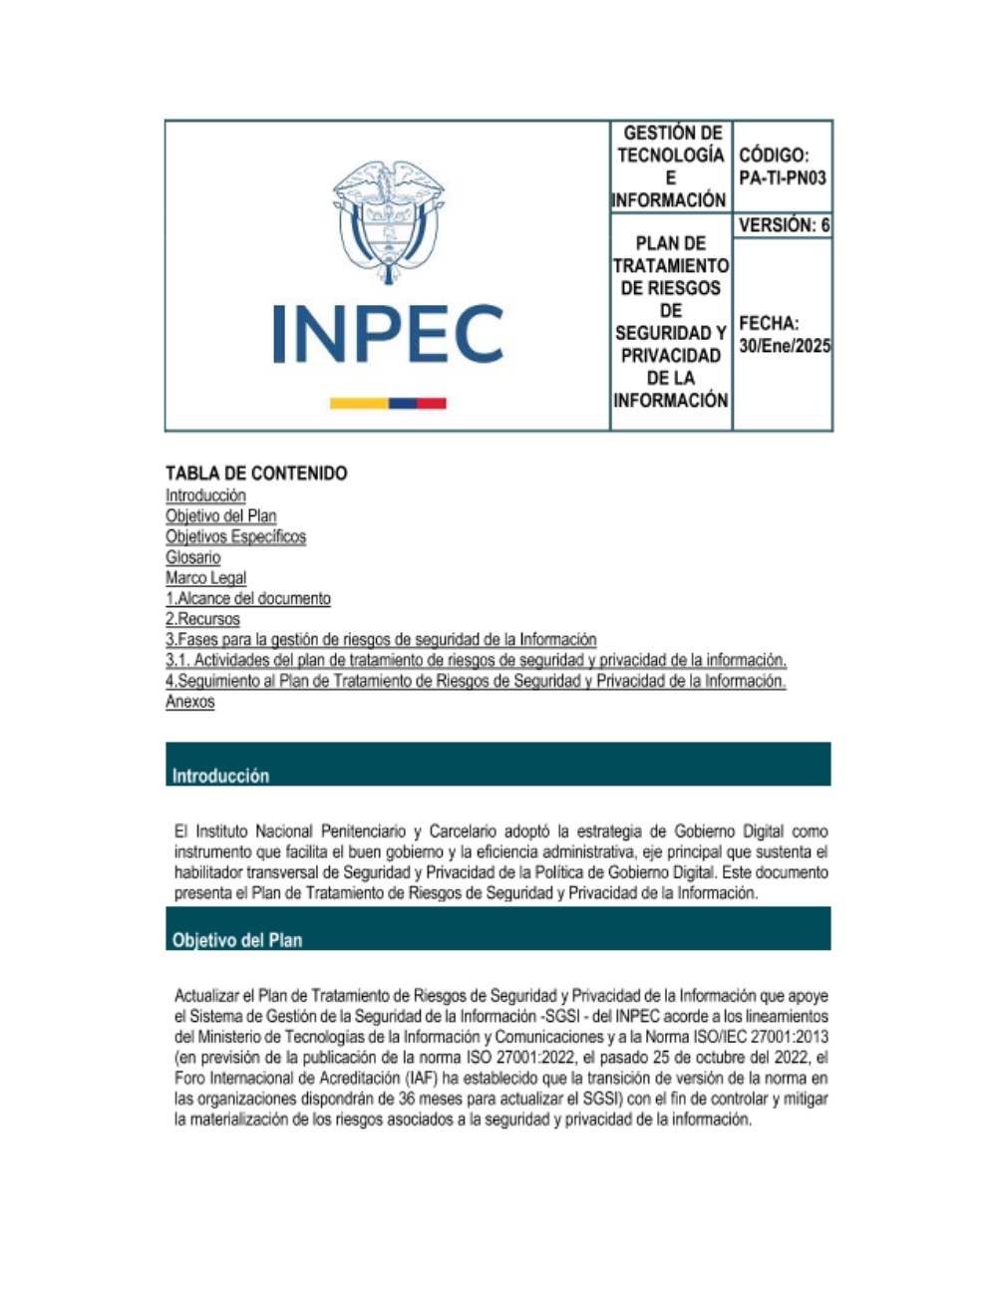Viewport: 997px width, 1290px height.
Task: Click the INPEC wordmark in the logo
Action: (388, 334)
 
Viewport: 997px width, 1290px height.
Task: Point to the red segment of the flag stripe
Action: (431, 403)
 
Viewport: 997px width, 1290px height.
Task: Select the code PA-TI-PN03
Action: (783, 178)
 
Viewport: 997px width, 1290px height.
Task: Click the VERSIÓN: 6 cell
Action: (784, 225)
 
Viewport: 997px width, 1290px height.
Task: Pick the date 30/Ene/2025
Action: (785, 346)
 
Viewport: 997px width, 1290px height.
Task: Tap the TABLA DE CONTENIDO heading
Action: (256, 474)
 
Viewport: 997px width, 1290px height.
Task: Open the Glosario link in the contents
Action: (193, 557)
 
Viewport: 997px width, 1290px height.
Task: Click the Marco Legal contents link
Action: (206, 578)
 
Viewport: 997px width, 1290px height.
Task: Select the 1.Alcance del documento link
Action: (248, 599)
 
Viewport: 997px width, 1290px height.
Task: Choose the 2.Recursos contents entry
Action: (202, 619)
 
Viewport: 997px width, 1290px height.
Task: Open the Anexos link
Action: (189, 702)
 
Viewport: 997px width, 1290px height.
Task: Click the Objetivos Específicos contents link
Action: (236, 536)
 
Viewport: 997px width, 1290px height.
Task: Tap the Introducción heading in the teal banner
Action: (220, 776)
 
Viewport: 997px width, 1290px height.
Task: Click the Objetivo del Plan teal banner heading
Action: (237, 940)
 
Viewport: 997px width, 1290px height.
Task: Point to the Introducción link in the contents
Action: (205, 495)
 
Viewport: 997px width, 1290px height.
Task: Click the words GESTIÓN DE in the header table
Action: (672, 133)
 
